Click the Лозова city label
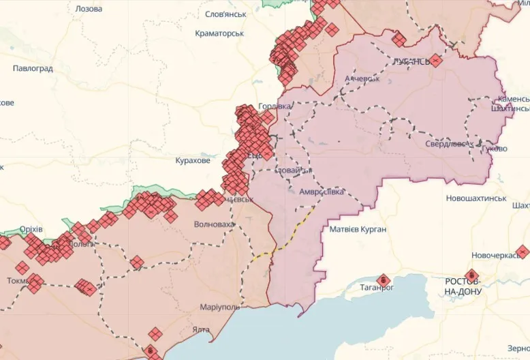(x=88, y=9)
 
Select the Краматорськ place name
(x=219, y=33)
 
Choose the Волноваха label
(x=214, y=224)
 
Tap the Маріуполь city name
(x=219, y=307)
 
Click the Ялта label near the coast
(x=201, y=329)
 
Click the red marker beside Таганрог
(x=383, y=280)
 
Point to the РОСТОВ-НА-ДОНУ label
(x=463, y=286)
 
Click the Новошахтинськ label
(x=476, y=198)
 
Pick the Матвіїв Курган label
(x=358, y=229)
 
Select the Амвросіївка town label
(x=322, y=192)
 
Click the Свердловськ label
(x=446, y=144)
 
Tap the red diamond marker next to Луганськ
(x=436, y=61)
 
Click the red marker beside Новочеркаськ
(x=523, y=252)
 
